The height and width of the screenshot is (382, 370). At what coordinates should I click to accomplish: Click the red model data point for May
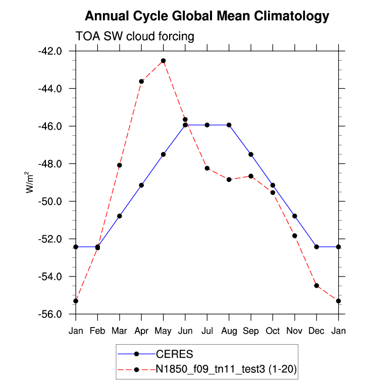(163, 61)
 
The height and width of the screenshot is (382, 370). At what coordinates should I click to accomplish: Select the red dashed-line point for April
(141, 81)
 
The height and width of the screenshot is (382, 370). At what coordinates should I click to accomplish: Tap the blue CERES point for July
(207, 125)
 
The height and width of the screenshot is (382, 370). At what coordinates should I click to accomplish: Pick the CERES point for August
(229, 125)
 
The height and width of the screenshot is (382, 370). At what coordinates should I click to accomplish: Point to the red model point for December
(316, 286)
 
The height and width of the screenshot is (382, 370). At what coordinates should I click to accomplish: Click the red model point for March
(120, 165)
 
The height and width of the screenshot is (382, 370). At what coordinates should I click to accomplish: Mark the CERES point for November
(294, 216)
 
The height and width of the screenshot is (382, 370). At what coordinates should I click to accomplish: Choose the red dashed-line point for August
(229, 180)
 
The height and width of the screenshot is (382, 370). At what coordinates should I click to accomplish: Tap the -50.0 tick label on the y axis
(51, 201)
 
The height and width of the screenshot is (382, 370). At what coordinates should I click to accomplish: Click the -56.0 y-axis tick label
(51, 314)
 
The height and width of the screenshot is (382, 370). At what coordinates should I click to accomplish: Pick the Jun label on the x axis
(185, 331)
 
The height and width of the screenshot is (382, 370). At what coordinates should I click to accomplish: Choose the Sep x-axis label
(251, 331)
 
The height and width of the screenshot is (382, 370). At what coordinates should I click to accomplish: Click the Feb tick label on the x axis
(97, 331)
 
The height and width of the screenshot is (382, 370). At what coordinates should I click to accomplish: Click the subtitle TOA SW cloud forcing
(135, 36)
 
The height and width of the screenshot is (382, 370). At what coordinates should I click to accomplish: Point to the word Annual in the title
(104, 16)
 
